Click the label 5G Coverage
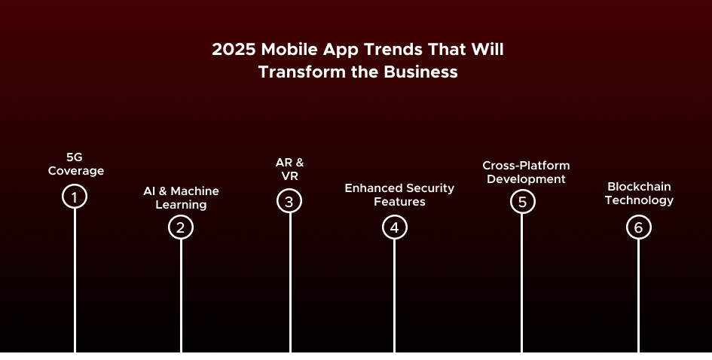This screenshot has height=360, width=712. pos(76,164)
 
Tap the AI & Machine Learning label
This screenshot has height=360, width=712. pos(181,198)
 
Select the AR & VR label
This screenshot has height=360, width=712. pos(290,169)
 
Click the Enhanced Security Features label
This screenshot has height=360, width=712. pos(399,195)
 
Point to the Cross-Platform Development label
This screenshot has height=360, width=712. pos(527,172)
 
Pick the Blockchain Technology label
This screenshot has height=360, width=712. pos(640,194)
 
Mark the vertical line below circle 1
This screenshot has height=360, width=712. pos(75,281)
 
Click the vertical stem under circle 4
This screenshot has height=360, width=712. pos(395,296)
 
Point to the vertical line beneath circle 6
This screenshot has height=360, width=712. pos(639,296)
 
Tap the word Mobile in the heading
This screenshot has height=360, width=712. pos(290,49)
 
